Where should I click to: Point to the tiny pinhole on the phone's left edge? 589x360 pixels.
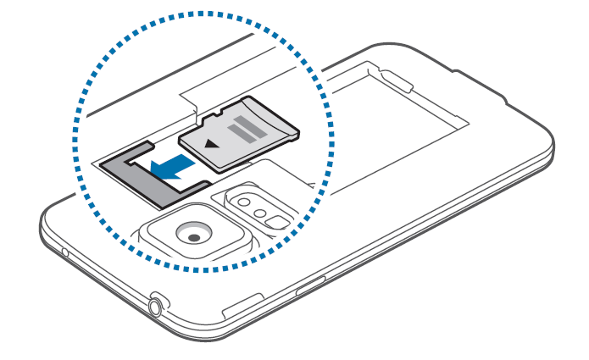[x=64, y=252]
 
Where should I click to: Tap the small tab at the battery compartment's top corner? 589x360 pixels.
[x=398, y=81]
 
